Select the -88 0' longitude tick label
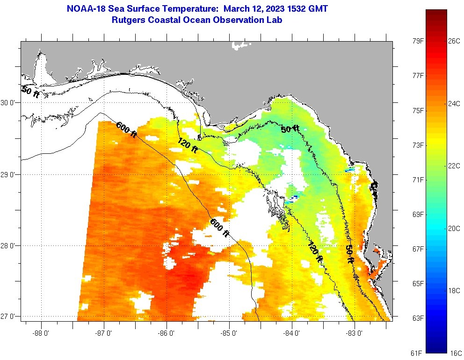(x=42, y=333)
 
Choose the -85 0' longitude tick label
(x=230, y=333)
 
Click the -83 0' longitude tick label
(x=355, y=333)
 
